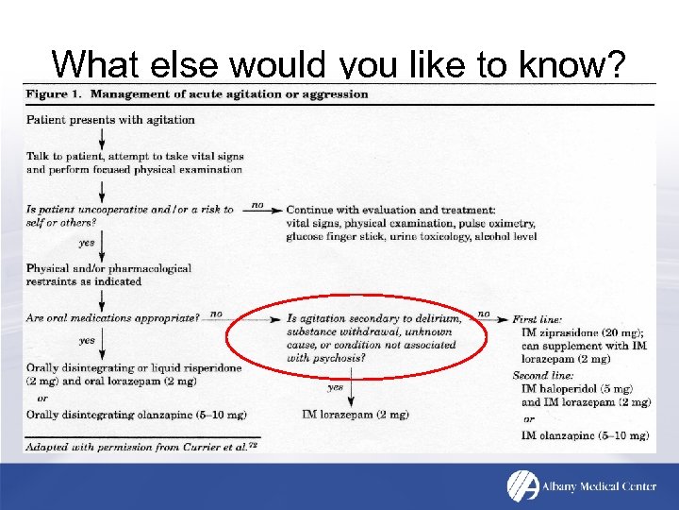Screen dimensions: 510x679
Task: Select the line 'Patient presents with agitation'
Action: (110, 120)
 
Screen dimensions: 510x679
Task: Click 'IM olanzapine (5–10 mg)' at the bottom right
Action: (585, 435)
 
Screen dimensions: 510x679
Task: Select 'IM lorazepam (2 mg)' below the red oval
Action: (356, 415)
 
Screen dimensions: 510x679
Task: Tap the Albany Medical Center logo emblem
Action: (522, 485)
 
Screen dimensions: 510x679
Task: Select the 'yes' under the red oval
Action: (335, 387)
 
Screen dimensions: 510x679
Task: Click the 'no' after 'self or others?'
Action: (257, 205)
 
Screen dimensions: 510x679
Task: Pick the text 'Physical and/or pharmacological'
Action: (108, 268)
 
